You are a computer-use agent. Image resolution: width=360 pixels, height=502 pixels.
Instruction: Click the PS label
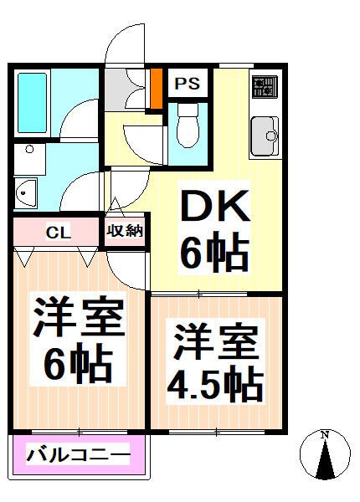point(187,84)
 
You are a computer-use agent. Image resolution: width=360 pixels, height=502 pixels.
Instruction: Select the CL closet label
point(58,232)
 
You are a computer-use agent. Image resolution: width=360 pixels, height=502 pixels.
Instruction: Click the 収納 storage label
point(124,231)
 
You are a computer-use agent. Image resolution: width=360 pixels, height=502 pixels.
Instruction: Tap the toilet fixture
point(187,123)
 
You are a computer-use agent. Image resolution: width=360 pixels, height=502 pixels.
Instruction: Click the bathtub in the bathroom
point(34,102)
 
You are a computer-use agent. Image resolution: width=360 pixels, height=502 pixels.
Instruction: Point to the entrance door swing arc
point(126,42)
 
